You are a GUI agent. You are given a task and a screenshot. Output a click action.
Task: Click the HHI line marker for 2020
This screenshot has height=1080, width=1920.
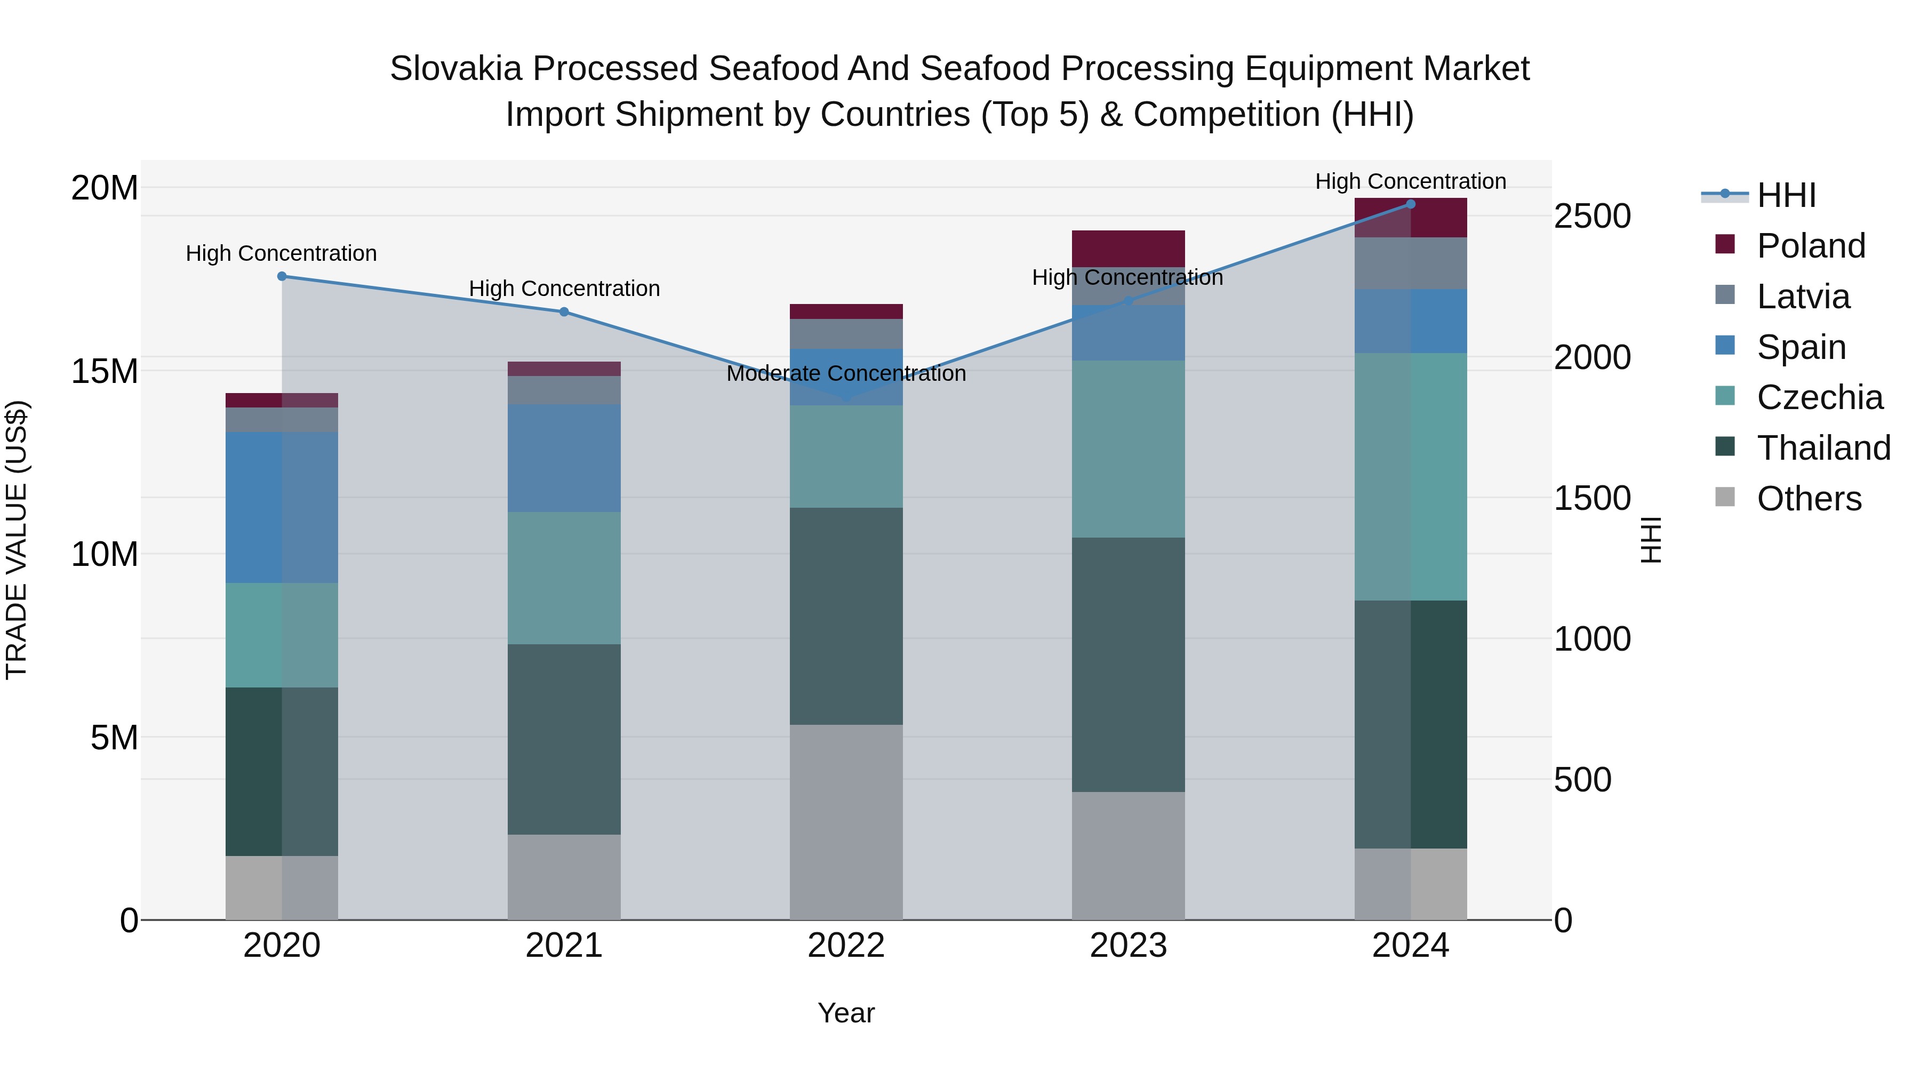[x=282, y=276]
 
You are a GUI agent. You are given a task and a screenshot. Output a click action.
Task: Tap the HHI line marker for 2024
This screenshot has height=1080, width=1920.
[x=1410, y=204]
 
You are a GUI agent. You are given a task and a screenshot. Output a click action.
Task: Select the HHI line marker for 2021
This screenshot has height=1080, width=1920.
[x=564, y=311]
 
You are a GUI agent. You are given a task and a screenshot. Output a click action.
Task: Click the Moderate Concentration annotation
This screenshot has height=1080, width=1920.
[x=846, y=373]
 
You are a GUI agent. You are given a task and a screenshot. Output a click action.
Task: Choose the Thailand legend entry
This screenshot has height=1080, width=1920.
[x=1823, y=448]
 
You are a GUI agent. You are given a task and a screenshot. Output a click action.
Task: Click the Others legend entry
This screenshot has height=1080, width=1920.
[x=1808, y=499]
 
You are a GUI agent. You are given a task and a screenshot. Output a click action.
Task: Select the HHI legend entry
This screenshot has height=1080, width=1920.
[x=1786, y=195]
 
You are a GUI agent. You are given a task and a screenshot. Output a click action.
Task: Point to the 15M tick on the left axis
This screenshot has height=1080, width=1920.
[x=105, y=371]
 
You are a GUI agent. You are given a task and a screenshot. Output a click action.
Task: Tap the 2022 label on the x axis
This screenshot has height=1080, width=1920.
[x=846, y=946]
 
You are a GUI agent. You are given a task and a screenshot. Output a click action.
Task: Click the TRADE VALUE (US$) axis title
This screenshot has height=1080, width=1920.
[x=17, y=540]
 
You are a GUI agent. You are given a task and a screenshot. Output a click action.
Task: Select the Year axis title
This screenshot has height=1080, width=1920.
[x=846, y=1013]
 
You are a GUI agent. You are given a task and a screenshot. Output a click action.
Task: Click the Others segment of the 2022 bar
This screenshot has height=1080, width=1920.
[x=846, y=821]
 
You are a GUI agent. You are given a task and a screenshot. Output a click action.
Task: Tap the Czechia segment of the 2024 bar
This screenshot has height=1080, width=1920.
[x=1410, y=476]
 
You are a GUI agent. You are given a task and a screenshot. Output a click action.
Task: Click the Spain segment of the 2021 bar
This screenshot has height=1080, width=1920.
[x=564, y=458]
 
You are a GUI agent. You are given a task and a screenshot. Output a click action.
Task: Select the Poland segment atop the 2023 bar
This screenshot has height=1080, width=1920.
[x=1127, y=248]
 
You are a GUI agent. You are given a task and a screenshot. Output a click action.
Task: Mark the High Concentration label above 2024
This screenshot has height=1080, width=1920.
[x=1410, y=182]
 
